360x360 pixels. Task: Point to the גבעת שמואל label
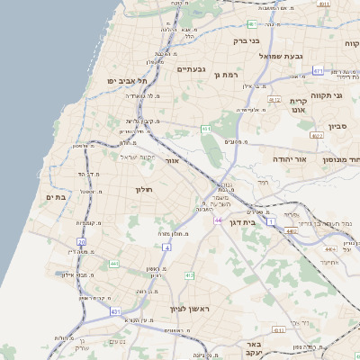[x=273, y=56]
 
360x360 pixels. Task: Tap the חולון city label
[x=145, y=189]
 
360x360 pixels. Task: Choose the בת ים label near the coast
[x=54, y=197]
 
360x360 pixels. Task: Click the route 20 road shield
[x=81, y=242]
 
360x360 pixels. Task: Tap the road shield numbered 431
[x=116, y=310]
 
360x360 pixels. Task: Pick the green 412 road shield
[x=189, y=274]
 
